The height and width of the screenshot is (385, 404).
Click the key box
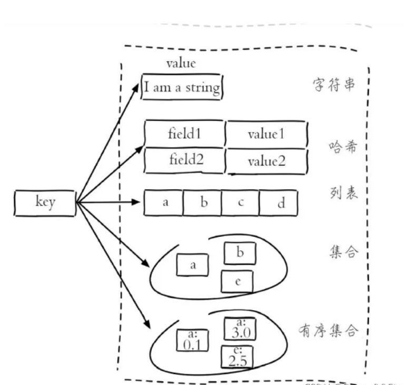pyautogui.click(x=45, y=203)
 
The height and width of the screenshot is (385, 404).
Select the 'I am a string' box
pyautogui.click(x=182, y=87)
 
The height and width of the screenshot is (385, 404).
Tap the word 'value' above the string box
pyautogui.click(x=181, y=64)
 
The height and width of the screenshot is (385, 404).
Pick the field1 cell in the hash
pyautogui.click(x=184, y=134)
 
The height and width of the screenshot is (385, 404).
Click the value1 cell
pyautogui.click(x=266, y=134)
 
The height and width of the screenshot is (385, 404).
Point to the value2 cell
pyautogui.click(x=266, y=161)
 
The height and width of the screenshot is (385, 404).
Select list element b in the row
pyautogui.click(x=203, y=203)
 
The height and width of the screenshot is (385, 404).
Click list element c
pyautogui.click(x=241, y=203)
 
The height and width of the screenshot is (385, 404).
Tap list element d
pyautogui.click(x=279, y=203)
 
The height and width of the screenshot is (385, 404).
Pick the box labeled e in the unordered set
pyautogui.click(x=238, y=281)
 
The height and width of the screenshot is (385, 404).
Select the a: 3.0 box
pyautogui.click(x=240, y=329)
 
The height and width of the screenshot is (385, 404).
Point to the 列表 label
pyautogui.click(x=342, y=192)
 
